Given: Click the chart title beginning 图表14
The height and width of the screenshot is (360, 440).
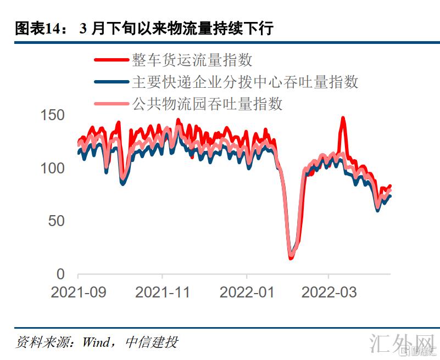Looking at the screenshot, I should pyautogui.click(x=144, y=29).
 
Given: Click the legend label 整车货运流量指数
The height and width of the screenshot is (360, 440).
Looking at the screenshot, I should pyautogui.click(x=192, y=60).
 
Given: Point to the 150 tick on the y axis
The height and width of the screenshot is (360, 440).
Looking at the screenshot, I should pyautogui.click(x=53, y=115).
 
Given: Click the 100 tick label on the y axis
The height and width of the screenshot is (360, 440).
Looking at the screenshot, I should pyautogui.click(x=53, y=168).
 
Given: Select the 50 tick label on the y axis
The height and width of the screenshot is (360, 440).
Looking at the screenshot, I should pyautogui.click(x=57, y=221).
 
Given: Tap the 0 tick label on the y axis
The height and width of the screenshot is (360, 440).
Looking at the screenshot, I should pyautogui.click(x=61, y=274).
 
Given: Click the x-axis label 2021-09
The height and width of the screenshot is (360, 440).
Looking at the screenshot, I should pyautogui.click(x=78, y=292).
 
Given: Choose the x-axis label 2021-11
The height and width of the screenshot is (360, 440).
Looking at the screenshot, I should pyautogui.click(x=163, y=292).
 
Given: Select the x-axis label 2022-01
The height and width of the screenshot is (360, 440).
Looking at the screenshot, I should pyautogui.click(x=247, y=292).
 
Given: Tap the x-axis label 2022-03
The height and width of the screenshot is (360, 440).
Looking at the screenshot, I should pyautogui.click(x=329, y=292).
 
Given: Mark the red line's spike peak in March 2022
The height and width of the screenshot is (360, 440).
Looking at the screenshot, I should pyautogui.click(x=343, y=118).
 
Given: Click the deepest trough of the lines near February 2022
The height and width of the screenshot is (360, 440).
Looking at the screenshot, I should pyautogui.click(x=291, y=257).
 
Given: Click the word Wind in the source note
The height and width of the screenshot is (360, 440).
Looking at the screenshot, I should pyautogui.click(x=96, y=343).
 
